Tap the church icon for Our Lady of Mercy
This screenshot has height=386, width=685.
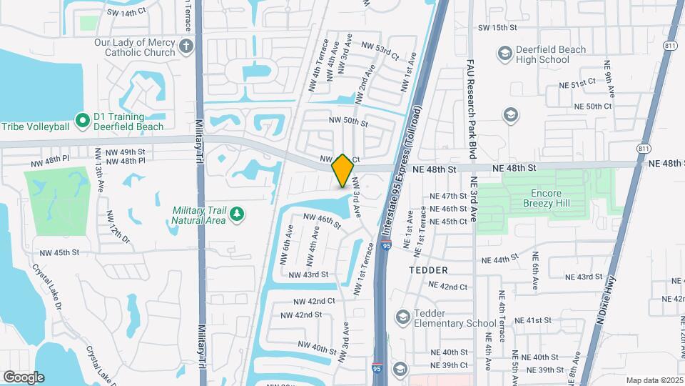coord(186,47)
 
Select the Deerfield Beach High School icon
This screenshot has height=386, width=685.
coord(505,54)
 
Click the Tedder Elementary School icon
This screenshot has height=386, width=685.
coord(402,317)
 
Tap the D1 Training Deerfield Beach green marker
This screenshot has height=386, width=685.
coord(82,122)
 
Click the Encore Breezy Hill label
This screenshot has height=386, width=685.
coord(556,198)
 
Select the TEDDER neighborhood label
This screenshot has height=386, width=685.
coord(428,270)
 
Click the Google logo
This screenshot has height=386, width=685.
coord(23,377)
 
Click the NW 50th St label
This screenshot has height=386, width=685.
coord(347,122)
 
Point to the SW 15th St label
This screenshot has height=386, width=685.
coord(497,27)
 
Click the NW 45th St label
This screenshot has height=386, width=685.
coord(59,252)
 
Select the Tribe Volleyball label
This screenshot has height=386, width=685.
coord(35,127)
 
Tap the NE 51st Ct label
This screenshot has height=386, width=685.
coord(577,84)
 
